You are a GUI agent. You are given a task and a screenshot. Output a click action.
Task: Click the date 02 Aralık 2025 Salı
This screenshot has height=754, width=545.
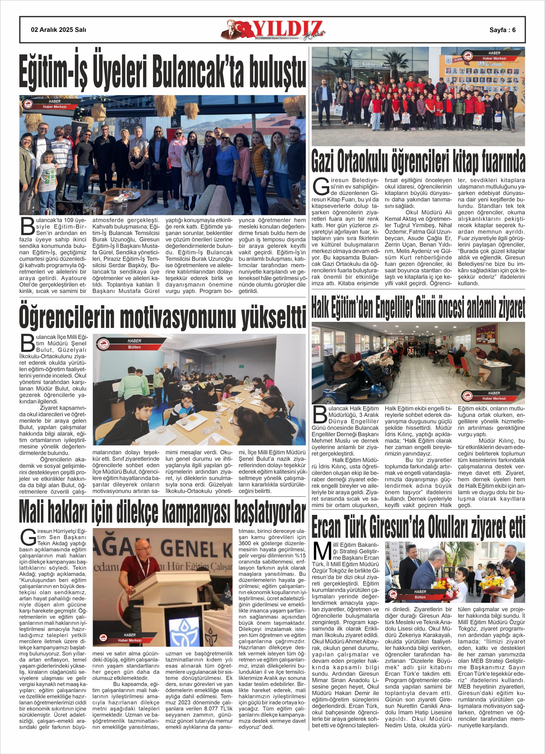pos(58,30)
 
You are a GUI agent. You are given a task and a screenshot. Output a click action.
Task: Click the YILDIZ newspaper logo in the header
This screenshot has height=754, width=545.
pos(273,30)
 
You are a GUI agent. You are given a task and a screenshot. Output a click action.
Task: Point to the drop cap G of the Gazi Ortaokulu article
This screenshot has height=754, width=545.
pos(321,187)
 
